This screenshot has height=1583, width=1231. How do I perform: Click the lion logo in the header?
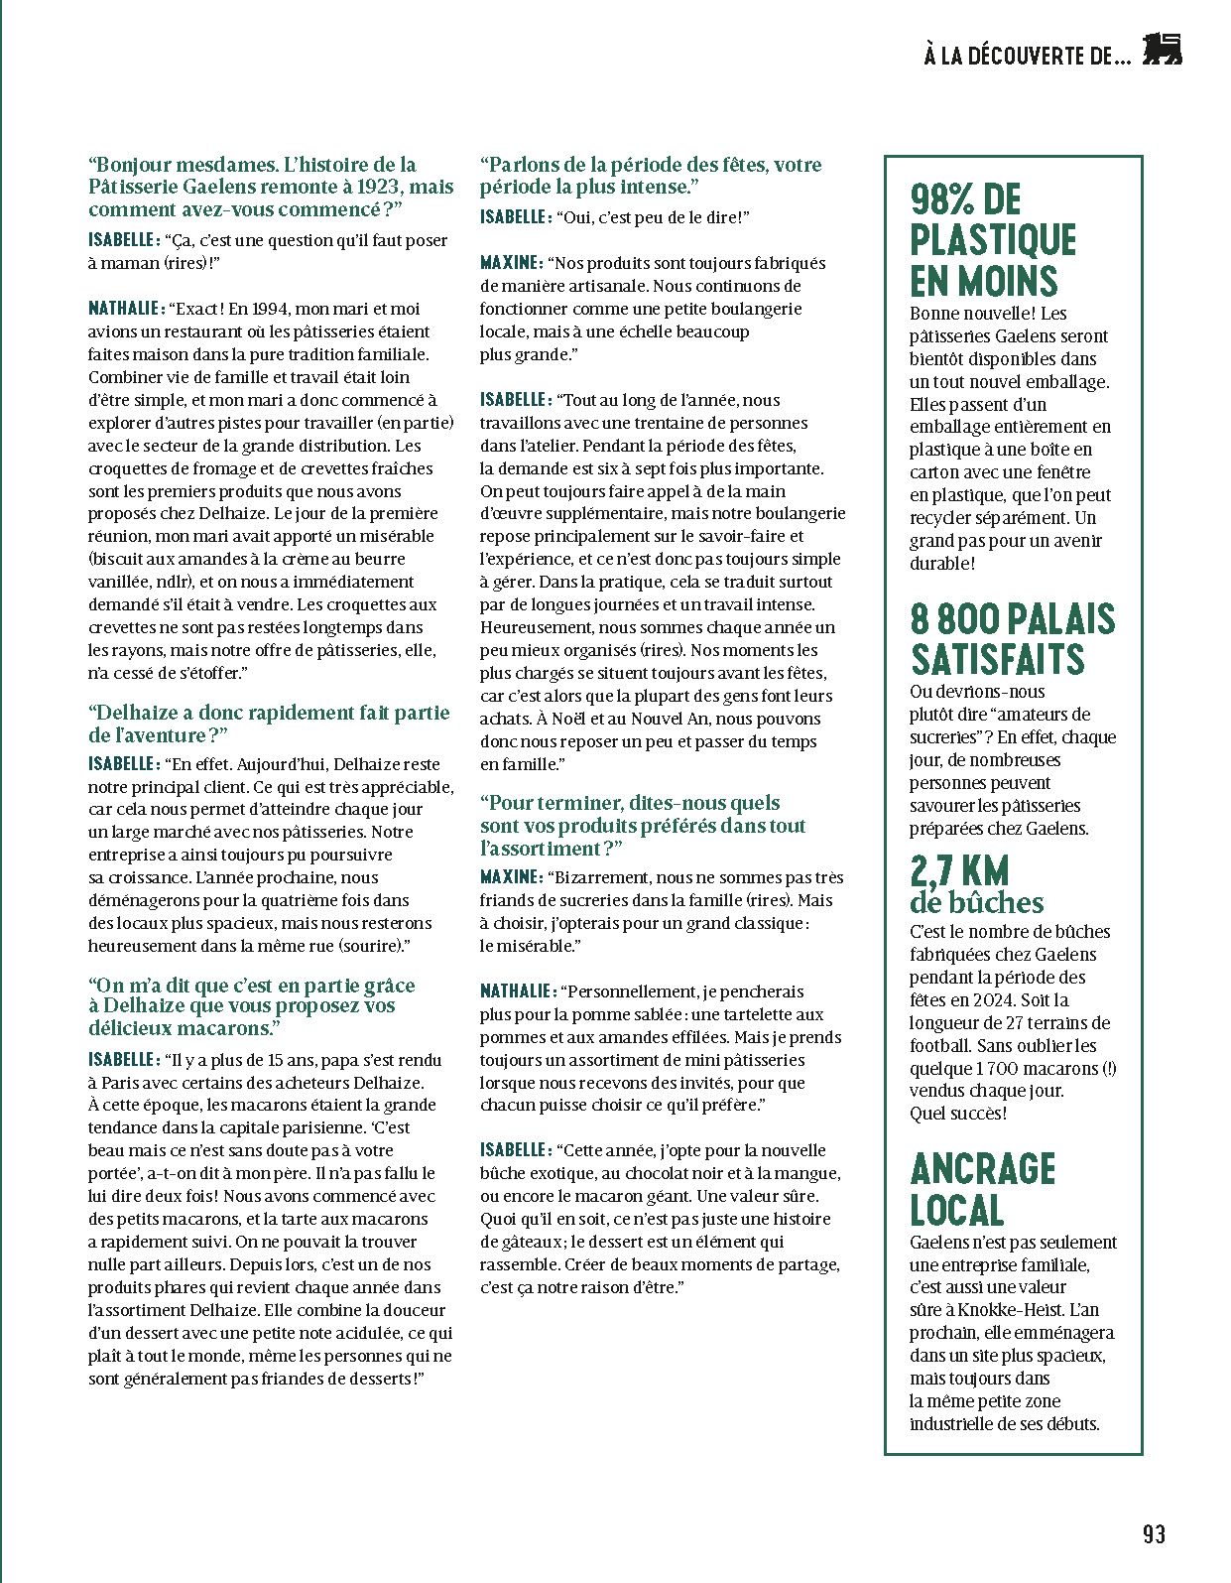[x=1163, y=51]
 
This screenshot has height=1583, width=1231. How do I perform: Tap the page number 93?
[x=1154, y=1534]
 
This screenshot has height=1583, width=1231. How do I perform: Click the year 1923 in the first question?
[x=377, y=187]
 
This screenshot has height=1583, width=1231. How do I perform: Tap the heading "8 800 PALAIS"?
[x=1013, y=619]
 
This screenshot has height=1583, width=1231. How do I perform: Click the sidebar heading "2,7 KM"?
[x=959, y=871]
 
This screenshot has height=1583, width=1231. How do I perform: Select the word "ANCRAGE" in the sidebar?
[x=982, y=1169]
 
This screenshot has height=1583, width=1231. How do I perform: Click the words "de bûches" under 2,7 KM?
[x=977, y=902]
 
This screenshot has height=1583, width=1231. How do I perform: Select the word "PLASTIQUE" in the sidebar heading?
[x=993, y=240]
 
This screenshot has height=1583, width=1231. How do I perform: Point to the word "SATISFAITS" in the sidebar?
[x=998, y=660]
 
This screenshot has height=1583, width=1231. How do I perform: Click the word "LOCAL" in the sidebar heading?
[x=957, y=1210]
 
